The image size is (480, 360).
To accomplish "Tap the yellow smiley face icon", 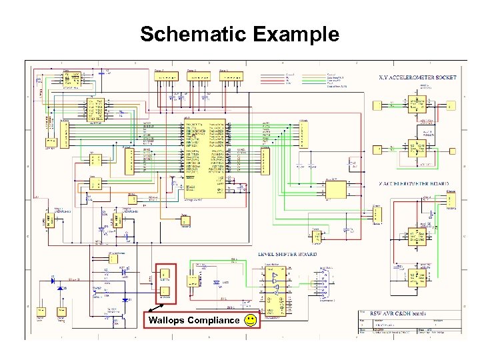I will tap(249, 321).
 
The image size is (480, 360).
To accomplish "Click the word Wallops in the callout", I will tap(167, 321).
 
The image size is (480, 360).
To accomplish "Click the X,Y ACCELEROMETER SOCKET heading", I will tap(417, 78).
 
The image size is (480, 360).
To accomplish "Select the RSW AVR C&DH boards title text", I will tap(399, 313).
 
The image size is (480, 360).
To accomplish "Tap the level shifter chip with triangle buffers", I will tap(274, 290).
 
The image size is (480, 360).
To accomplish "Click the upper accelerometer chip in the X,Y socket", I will tap(417, 104).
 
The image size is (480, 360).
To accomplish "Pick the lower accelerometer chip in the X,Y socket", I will tap(417, 149).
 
